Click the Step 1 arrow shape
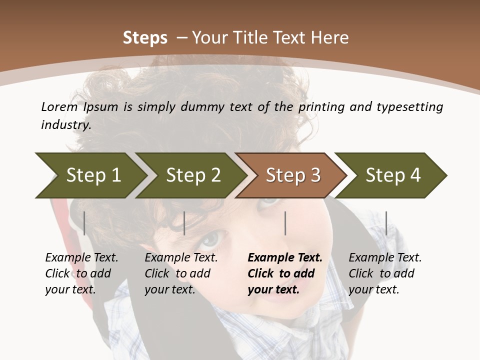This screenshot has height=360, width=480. point(93,175)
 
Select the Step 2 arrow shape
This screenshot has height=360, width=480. point(193,175)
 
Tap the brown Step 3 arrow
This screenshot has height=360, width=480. point(293,175)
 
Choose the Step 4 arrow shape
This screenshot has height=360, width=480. point(393,175)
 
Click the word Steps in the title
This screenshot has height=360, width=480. point(145,38)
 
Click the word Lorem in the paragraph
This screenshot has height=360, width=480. point(59,106)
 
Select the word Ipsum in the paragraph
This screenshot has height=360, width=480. point(101,107)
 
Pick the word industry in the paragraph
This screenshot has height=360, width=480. point(65,125)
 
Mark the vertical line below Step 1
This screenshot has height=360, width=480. point(84,223)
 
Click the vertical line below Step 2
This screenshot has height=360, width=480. point(184,223)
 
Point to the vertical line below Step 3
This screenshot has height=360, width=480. point(285,223)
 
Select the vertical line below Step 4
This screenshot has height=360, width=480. point(386,223)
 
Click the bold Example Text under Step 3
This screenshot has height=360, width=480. point(285,258)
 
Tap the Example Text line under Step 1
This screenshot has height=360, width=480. point(81,258)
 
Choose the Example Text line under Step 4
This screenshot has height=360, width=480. point(385,258)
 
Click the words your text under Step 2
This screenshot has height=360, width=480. point(169,290)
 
